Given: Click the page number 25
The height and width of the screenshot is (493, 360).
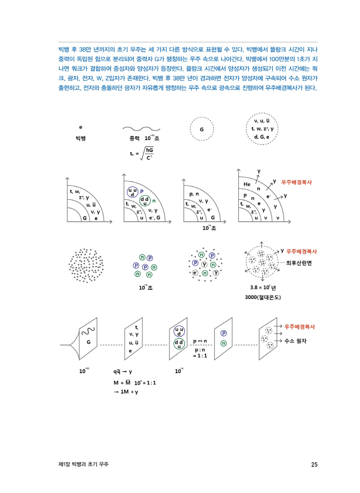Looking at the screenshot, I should coord(314,465).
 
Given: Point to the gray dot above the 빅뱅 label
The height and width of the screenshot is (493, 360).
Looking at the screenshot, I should coord(80,127).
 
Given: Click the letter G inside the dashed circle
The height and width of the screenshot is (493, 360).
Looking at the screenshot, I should coord(202,130).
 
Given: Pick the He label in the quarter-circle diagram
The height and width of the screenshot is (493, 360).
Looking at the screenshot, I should coord(247,184).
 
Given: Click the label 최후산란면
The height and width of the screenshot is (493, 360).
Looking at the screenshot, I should coord(299,263).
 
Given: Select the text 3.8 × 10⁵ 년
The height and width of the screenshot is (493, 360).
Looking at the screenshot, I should coord(263,287).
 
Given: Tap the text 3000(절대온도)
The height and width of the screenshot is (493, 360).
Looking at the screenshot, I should coord(263,297).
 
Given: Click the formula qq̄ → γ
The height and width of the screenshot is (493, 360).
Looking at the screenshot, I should coord(123,371).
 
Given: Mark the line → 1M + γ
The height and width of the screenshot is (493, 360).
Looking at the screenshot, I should coord(126,392).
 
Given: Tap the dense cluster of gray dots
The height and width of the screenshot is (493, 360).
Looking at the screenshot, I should coord(86,265).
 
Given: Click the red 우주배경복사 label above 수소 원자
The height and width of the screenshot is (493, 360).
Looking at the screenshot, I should coord(299,326).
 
